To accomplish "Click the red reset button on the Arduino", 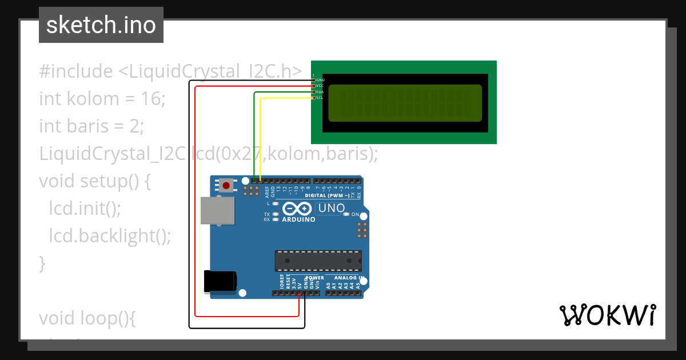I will (227, 185).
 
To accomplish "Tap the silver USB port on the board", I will (218, 211).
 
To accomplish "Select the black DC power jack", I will (220, 281).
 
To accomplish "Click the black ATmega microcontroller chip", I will (318, 260).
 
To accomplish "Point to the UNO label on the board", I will (331, 209).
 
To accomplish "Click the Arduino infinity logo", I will (297, 210).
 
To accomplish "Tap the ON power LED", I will (347, 214).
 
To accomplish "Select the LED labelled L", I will (276, 203).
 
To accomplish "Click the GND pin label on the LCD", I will (320, 80).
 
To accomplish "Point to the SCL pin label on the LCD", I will (320, 98).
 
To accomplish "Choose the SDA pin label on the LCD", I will (320, 92).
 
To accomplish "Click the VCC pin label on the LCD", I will (320, 86).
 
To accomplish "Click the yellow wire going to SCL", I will (261, 137).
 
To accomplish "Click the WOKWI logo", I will (607, 315).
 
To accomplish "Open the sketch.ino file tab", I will (101, 25).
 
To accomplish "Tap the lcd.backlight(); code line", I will (110, 236).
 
